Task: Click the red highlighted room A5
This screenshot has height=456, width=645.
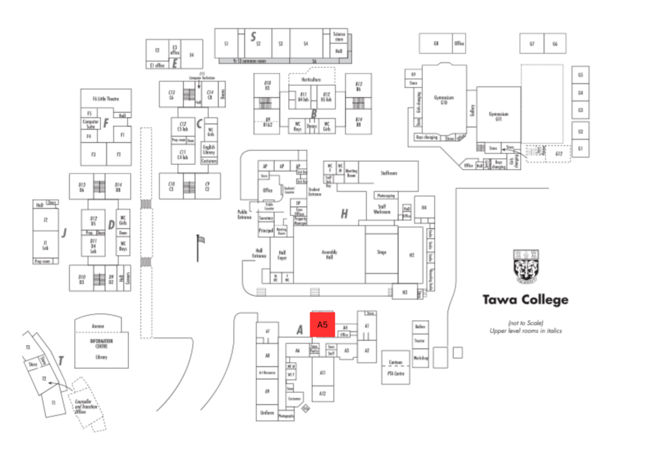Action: pos(322,325)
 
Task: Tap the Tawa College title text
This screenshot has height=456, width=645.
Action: pos(525,300)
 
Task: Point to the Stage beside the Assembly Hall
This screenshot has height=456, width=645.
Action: pos(381,252)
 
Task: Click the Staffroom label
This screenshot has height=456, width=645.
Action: pos(389,173)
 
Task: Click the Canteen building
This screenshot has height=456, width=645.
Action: pos(396,367)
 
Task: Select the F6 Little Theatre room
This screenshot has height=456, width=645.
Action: pos(106,100)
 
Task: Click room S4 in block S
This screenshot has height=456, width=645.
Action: pos(305,43)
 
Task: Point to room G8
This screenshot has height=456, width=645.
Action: pos(435,43)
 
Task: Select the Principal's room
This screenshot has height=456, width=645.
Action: pos(265,231)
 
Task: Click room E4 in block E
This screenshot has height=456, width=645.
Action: pos(191,55)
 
